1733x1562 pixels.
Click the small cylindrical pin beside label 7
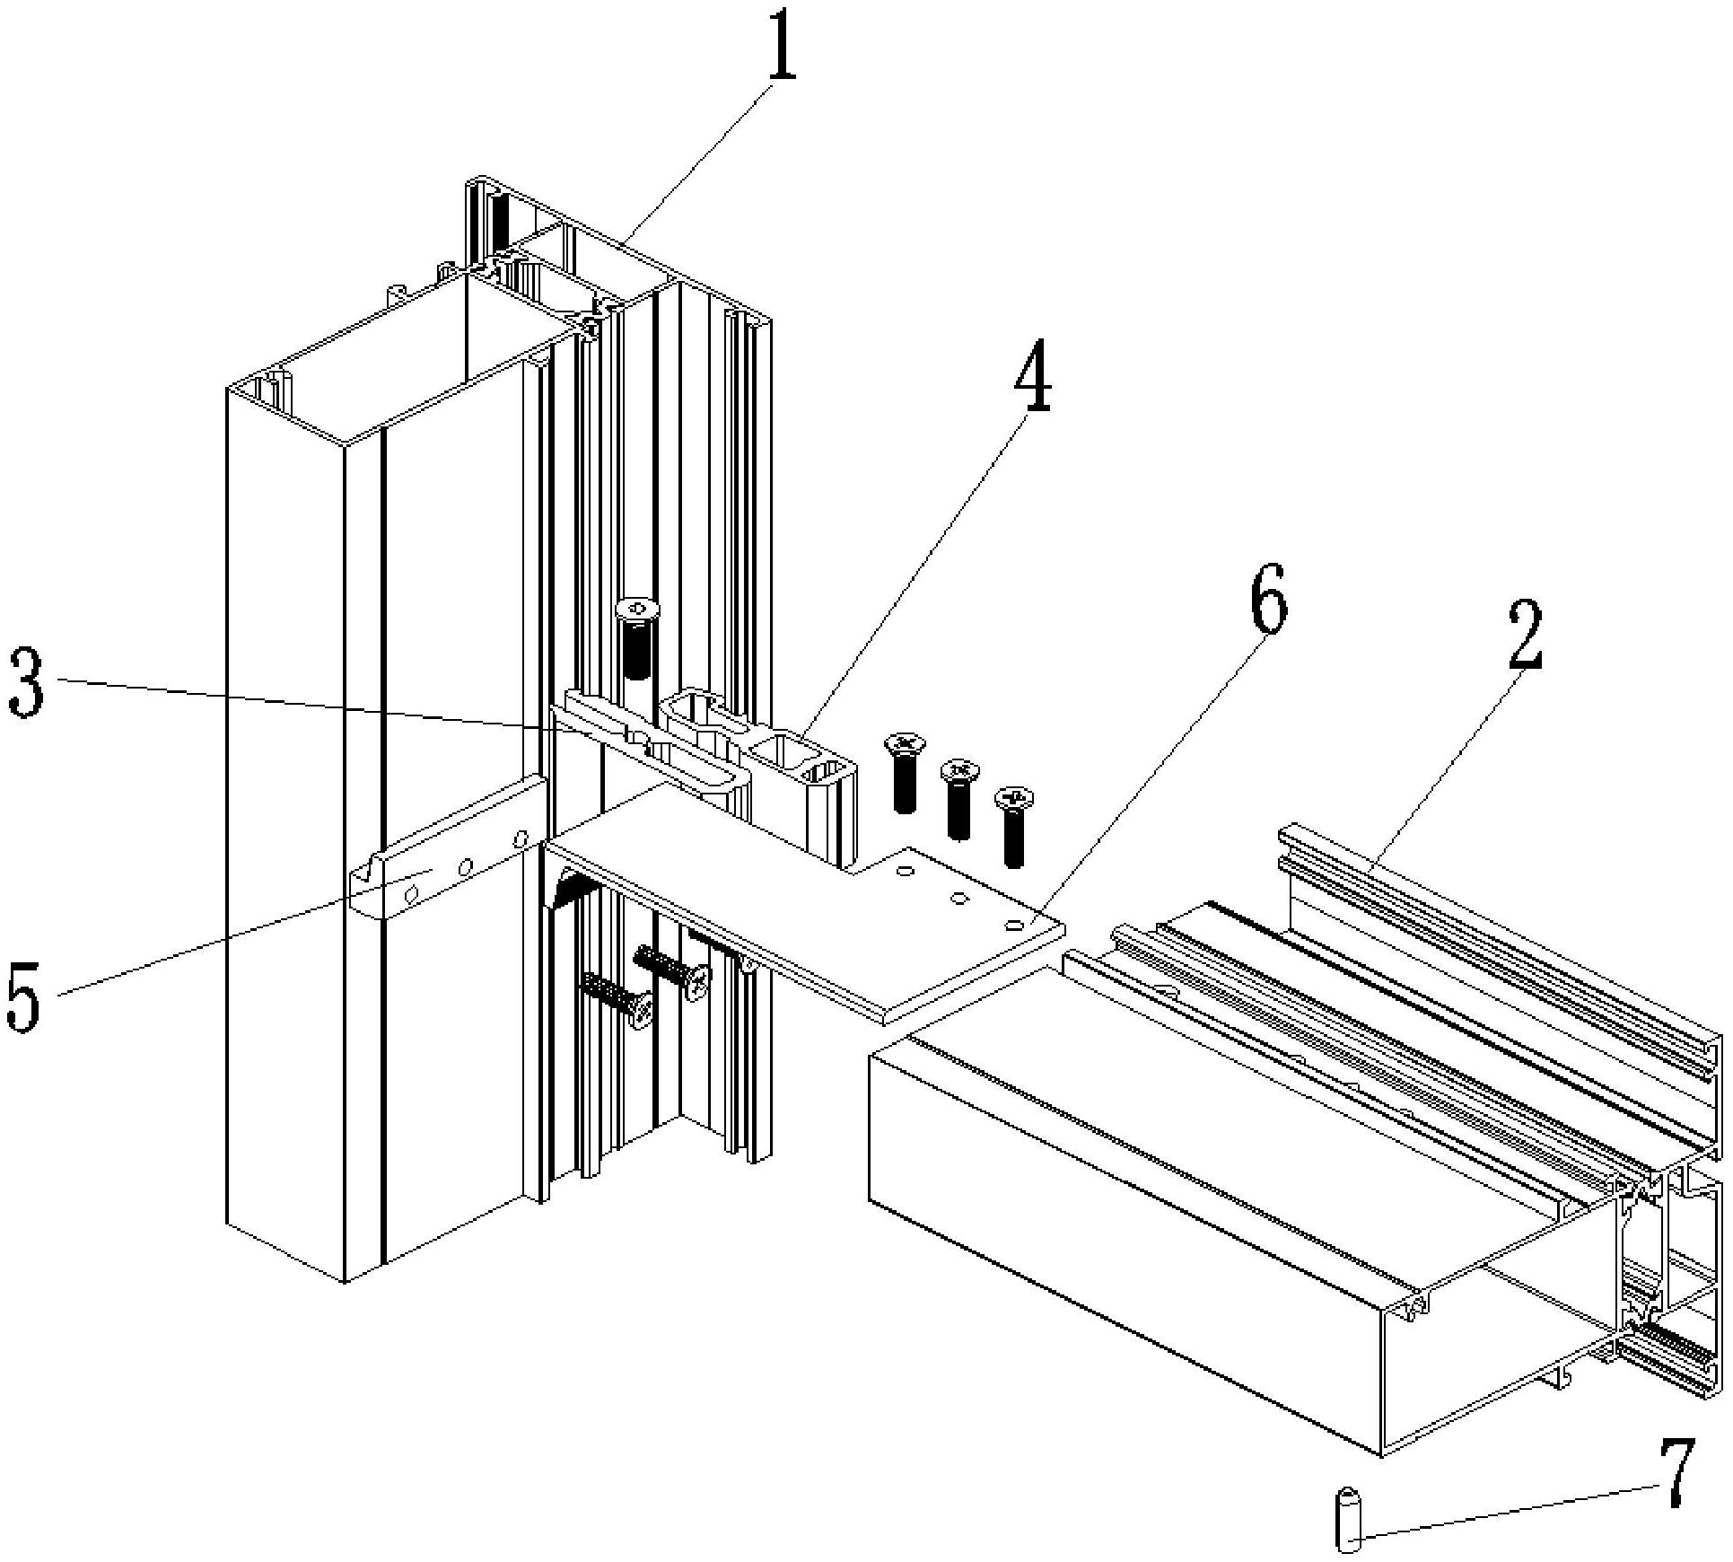click(x=1348, y=1519)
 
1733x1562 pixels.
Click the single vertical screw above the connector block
click(x=636, y=638)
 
